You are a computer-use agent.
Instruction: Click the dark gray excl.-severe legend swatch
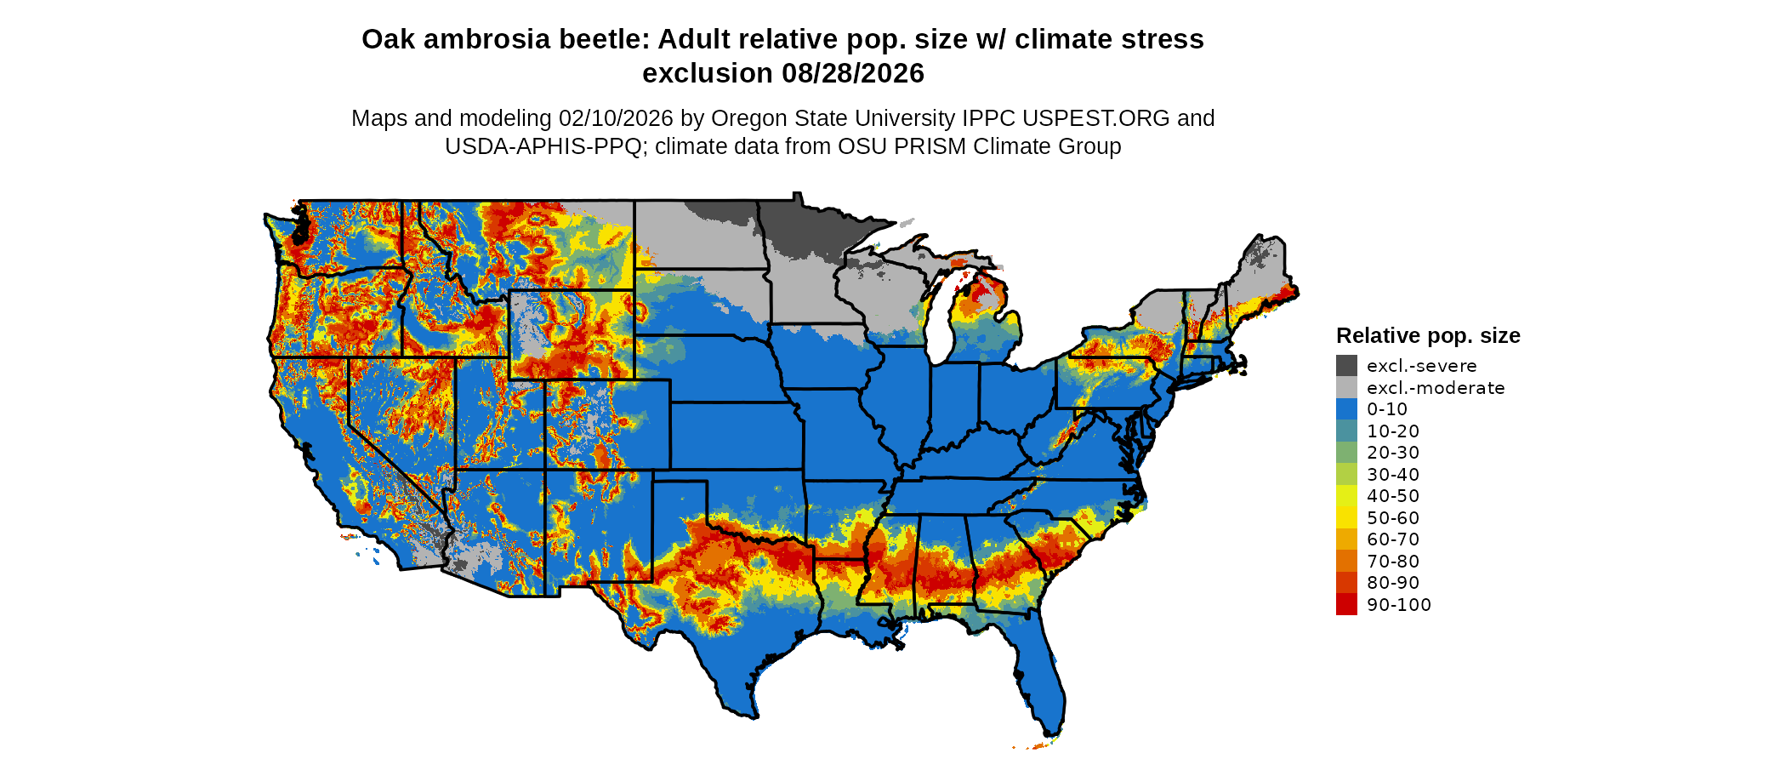[1346, 366]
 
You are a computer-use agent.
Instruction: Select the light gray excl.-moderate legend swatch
[1346, 388]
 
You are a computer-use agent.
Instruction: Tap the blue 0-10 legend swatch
[1346, 409]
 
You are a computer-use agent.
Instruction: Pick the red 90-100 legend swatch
[1346, 605]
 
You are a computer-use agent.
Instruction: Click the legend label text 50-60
[1393, 518]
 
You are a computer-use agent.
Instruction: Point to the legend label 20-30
[1393, 453]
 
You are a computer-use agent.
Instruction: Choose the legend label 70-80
[1393, 562]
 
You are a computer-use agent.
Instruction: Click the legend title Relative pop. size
[1428, 335]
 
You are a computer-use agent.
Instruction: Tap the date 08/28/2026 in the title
[853, 74]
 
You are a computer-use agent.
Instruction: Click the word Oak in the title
[388, 40]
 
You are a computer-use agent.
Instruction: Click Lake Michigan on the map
[938, 319]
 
